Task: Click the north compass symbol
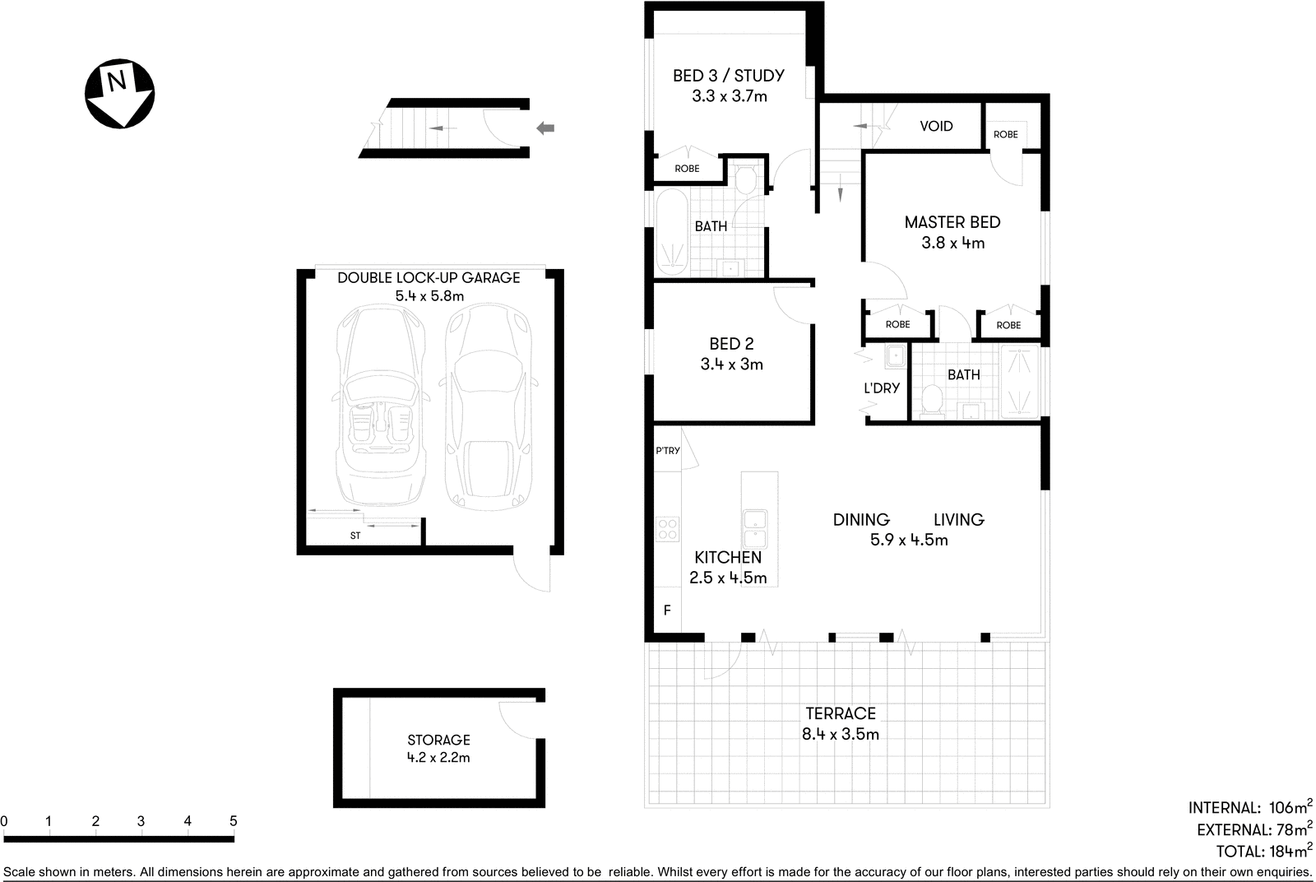tap(120, 93)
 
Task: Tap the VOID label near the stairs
tap(936, 126)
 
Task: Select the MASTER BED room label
tap(952, 222)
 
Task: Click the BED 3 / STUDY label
tap(728, 76)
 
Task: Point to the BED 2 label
tap(731, 344)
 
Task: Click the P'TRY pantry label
tap(668, 451)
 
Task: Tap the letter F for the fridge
tap(667, 610)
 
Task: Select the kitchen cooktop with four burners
tap(667, 528)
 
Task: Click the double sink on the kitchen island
tap(755, 529)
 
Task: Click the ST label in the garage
tap(355, 536)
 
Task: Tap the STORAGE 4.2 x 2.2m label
tap(438, 748)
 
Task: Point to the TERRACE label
tap(840, 713)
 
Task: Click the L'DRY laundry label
tap(881, 388)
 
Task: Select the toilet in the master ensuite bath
tap(932, 400)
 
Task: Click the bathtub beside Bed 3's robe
tap(671, 233)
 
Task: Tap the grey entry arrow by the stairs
tap(545, 128)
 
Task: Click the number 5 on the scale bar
tap(234, 821)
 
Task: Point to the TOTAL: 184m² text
tap(1263, 852)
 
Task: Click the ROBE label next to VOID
tap(1005, 134)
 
